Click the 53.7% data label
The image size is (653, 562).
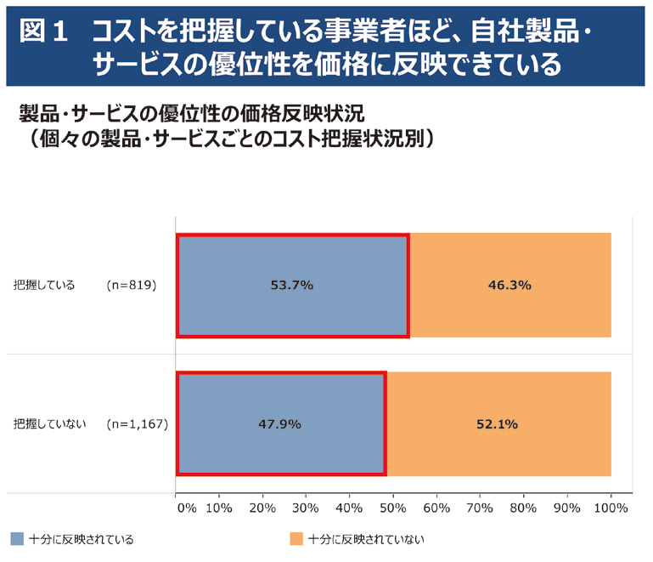click(x=292, y=286)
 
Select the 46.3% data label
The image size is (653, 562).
click(x=509, y=286)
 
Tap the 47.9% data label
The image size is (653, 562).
click(x=280, y=423)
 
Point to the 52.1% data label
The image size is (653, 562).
click(x=498, y=423)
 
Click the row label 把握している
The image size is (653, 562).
click(x=44, y=286)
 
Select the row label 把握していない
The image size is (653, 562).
click(x=50, y=423)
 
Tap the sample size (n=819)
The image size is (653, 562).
click(x=132, y=286)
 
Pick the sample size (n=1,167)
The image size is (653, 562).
click(x=137, y=423)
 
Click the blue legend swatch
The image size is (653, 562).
click(x=17, y=539)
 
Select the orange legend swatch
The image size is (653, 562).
click(x=296, y=539)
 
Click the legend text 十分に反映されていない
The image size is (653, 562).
click(x=365, y=539)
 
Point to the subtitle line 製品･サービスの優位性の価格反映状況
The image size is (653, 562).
click(x=189, y=113)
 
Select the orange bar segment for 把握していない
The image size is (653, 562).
click(x=499, y=423)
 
